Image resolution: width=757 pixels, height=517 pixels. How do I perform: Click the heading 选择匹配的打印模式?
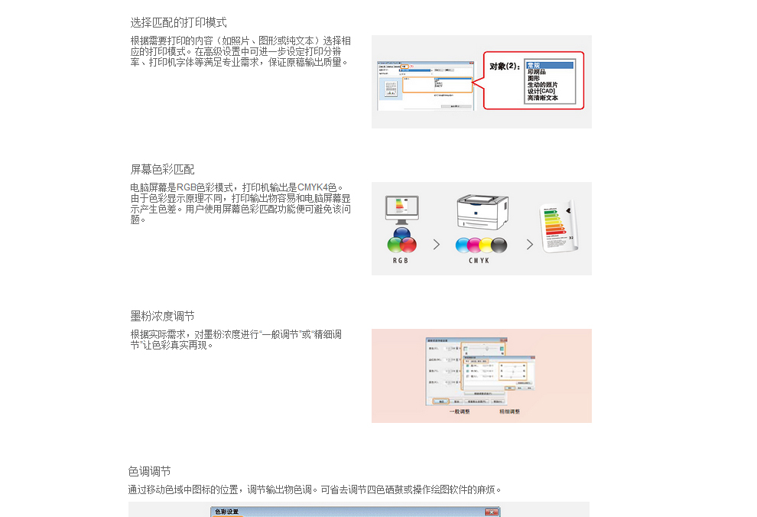(178, 23)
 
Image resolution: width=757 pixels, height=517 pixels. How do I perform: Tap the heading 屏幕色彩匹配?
(162, 169)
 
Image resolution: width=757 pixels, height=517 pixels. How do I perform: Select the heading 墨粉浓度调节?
(162, 316)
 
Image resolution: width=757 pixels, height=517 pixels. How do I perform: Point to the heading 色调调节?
(149, 471)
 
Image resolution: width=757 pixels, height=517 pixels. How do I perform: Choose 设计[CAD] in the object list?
(541, 91)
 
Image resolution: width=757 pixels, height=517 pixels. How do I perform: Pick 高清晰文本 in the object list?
(542, 98)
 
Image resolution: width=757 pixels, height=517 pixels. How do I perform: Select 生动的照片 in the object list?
(542, 85)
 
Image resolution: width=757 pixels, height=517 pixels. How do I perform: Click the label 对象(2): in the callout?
(505, 67)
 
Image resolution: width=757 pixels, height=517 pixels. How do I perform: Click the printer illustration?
(482, 211)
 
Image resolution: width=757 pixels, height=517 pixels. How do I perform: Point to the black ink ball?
(499, 245)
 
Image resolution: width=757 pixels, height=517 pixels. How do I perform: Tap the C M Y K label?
(479, 261)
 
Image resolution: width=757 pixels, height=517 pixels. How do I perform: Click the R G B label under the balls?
(401, 261)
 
